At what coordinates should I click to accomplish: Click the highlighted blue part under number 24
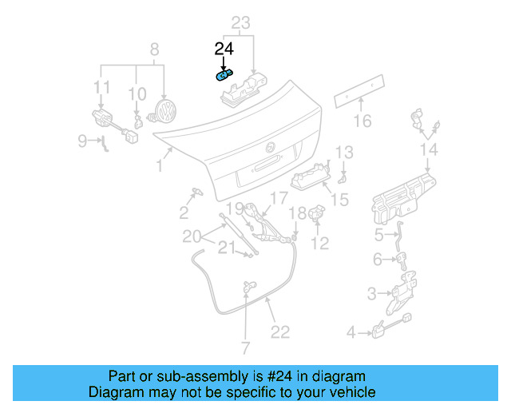click(x=224, y=75)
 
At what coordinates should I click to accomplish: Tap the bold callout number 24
click(x=225, y=50)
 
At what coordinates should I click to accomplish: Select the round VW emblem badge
click(x=165, y=111)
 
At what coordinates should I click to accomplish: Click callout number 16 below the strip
click(x=362, y=121)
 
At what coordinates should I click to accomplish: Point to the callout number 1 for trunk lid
click(x=160, y=165)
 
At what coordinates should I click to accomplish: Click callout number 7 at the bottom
click(x=246, y=348)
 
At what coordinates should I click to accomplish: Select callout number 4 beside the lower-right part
click(x=351, y=332)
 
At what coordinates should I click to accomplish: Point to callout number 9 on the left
click(x=82, y=141)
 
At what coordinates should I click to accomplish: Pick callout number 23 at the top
click(x=240, y=23)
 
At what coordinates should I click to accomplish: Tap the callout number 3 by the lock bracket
click(x=370, y=294)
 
